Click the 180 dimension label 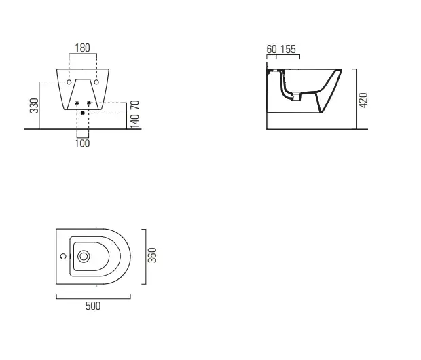pos(82,48)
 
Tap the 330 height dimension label pos(35,105)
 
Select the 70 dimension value pos(134,105)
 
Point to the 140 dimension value pos(134,121)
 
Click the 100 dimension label pos(82,143)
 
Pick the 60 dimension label pos(272,49)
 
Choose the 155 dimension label pos(288,49)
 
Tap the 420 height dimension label pos(363,101)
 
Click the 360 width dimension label pos(152,255)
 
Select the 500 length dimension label pos(93,306)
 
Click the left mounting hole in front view pos(69,82)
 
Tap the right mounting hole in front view pos(96,82)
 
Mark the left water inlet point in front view pos(77,103)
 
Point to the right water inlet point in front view pos(89,103)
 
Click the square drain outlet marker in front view pos(83,113)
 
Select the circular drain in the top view pos(84,257)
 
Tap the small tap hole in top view pos(63,257)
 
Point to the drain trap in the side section pos(295,96)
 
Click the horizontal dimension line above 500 pos(94,298)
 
